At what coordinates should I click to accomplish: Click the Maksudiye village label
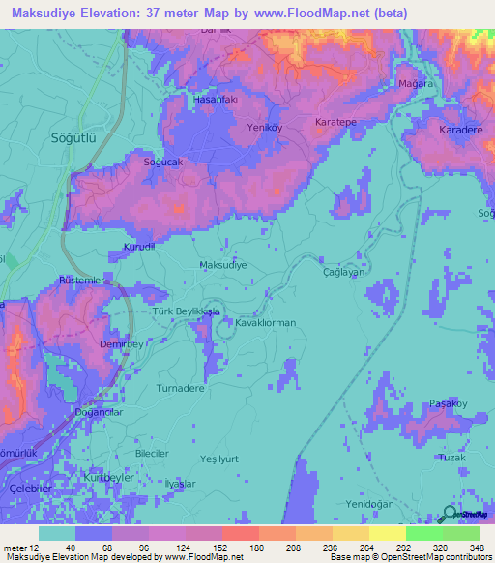pyautogui.click(x=222, y=264)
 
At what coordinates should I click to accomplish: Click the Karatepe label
pyautogui.click(x=336, y=123)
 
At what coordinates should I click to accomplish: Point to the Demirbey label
pyautogui.click(x=121, y=343)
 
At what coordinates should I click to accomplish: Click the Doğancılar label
pyautogui.click(x=99, y=412)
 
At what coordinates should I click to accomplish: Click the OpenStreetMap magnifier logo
pyautogui.click(x=450, y=514)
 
